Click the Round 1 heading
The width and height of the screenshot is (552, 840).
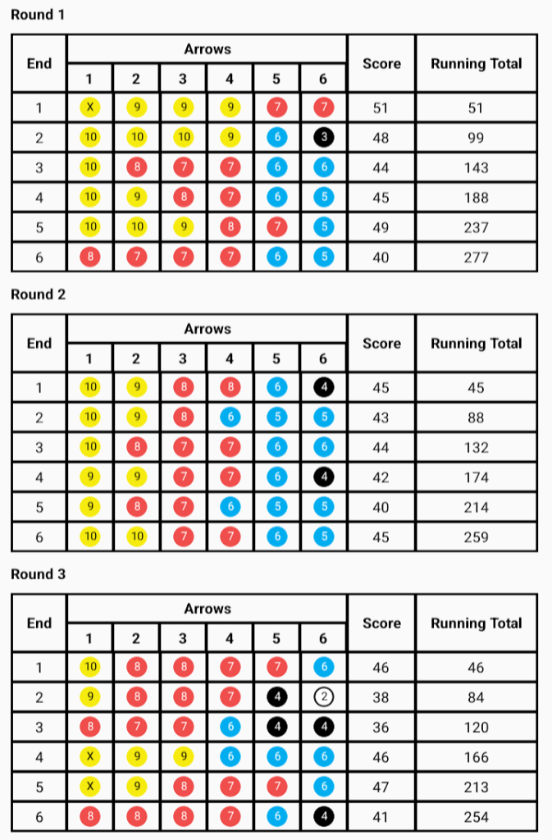[x=38, y=15]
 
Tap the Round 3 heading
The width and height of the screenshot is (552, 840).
[x=38, y=574]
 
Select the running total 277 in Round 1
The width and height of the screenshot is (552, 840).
[x=476, y=258]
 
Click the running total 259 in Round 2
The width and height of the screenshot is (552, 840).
[x=476, y=537]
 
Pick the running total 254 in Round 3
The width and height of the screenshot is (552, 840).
[x=476, y=817]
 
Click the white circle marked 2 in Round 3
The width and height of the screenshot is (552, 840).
[x=323, y=697]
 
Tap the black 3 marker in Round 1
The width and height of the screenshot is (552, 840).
[x=323, y=138]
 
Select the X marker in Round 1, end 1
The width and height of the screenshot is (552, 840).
[x=90, y=107]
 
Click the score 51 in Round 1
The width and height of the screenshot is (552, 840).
[x=381, y=107]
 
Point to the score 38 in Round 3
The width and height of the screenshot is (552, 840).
[x=381, y=697]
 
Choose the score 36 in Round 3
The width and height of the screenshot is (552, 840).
[x=381, y=728]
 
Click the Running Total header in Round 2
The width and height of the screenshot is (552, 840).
[x=476, y=343]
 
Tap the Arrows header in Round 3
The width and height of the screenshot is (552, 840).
[x=207, y=609]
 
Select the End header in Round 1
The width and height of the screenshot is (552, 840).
[x=39, y=63]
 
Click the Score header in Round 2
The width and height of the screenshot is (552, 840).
[x=381, y=343]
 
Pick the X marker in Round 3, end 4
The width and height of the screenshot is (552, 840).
[x=90, y=757]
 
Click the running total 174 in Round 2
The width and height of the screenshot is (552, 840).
[x=476, y=477]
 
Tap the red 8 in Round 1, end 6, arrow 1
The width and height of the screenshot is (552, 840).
[x=90, y=258]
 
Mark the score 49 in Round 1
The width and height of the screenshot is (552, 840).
[x=381, y=227]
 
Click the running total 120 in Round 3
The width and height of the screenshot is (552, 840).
[x=476, y=728]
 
